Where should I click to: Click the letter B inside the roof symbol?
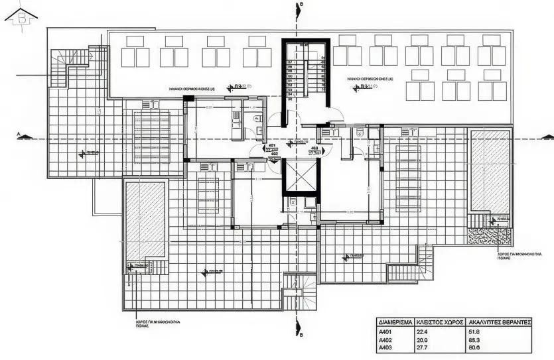click(22, 19)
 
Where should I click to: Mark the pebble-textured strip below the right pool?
click(489, 235)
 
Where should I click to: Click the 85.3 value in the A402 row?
click(474, 340)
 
